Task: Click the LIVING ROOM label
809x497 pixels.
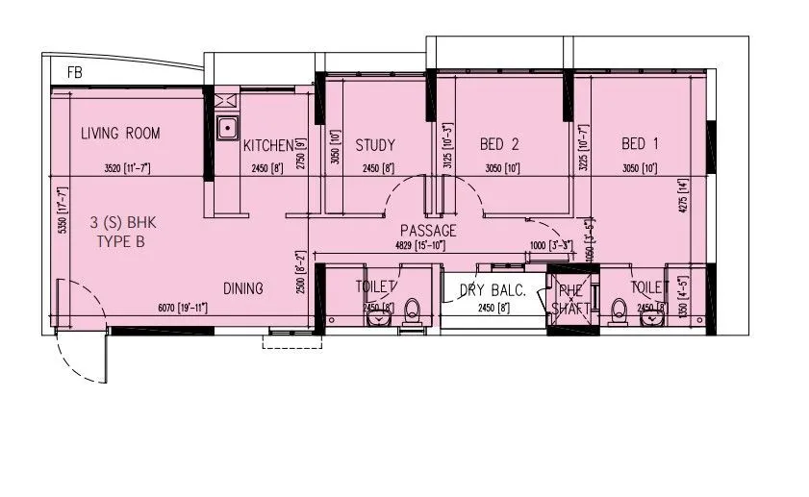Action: [x=120, y=134]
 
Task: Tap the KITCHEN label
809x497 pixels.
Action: [x=267, y=146]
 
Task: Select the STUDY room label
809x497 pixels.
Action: [x=375, y=146]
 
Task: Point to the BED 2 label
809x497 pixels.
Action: [x=499, y=145]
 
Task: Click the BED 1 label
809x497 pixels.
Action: [x=640, y=144]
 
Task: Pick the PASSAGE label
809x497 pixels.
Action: [x=428, y=231]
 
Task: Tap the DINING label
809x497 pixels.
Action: [x=244, y=287]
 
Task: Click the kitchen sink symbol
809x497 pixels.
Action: [x=229, y=127]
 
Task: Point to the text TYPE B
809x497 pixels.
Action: [x=120, y=242]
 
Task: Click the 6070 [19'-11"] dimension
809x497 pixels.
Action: [x=183, y=307]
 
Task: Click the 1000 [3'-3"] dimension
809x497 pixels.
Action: [x=550, y=245]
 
